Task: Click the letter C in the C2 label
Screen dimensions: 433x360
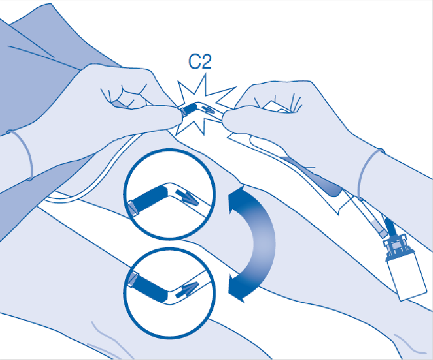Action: [x=195, y=61]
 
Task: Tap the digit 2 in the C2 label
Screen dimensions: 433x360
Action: [x=206, y=61]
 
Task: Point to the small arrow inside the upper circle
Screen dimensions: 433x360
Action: [x=187, y=197]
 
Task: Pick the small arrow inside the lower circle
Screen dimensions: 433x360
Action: [x=187, y=290]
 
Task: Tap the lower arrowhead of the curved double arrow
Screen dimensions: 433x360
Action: [x=238, y=289]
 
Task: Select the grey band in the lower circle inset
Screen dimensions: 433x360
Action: [x=132, y=279]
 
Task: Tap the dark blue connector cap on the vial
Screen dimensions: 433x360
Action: [x=397, y=247]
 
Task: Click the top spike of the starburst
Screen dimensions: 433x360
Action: [x=206, y=74]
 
